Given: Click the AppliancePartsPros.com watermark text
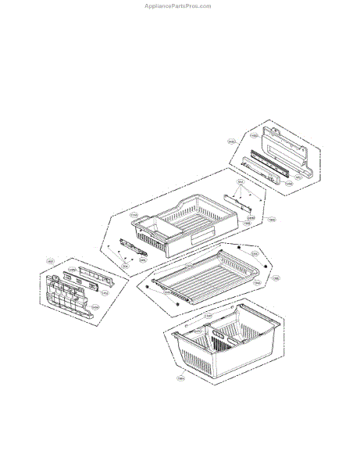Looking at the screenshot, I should tap(177, 5).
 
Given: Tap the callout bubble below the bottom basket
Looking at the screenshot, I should tap(180, 379).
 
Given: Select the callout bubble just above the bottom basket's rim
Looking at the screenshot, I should tap(209, 316).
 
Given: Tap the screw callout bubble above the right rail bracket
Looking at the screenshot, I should tap(241, 182).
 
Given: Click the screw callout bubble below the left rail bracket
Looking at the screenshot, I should tap(125, 265).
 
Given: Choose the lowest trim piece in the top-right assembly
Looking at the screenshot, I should tap(262, 173).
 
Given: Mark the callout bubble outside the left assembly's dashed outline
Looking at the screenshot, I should tap(50, 261).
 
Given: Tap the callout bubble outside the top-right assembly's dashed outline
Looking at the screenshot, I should tap(232, 141).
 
